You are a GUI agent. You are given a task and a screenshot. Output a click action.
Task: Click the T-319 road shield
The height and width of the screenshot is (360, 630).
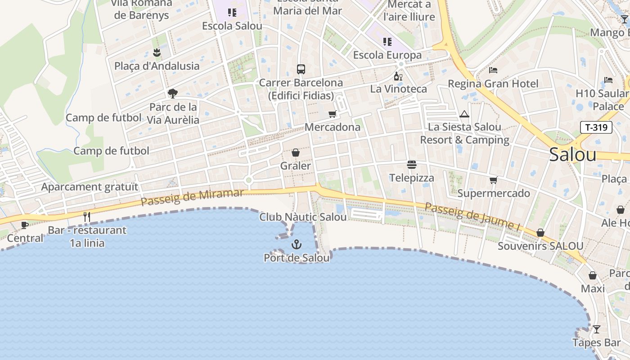pos(596,127)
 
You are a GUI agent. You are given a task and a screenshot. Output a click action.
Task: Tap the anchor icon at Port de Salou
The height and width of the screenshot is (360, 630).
pos(296,244)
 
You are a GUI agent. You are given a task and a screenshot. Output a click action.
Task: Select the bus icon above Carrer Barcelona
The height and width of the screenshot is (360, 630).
pos(301,69)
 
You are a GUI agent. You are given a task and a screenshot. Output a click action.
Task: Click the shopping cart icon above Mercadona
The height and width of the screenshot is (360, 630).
pos(333,114)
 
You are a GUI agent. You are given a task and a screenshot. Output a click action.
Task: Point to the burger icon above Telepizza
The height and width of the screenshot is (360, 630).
pos(411,165)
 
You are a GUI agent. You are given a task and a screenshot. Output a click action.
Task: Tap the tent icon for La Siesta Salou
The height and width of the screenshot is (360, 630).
pos(464,114)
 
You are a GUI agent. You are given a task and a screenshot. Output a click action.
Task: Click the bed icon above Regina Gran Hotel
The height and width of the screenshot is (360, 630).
pos(493,70)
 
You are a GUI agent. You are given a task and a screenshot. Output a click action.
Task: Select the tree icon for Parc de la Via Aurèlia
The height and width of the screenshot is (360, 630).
pos(172,94)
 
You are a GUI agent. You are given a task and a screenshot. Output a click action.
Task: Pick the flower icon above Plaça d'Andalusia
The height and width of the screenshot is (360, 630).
pos(157,53)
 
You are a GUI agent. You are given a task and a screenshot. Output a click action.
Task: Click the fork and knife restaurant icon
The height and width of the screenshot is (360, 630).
pos(87,217)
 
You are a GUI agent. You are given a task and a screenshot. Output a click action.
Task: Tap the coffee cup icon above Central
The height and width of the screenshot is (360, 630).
pos(25,225)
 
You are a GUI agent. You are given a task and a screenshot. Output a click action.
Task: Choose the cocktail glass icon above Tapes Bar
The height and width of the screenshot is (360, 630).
pos(596,329)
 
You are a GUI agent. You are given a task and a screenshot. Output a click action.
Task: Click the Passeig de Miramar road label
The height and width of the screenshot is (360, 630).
pos(192,197)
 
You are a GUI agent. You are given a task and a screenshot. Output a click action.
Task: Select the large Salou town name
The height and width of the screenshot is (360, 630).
pos(573,154)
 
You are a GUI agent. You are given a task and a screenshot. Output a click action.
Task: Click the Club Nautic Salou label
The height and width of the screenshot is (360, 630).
pos(303,217)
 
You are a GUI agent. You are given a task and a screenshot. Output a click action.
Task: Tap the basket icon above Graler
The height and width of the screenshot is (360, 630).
pos(296,153)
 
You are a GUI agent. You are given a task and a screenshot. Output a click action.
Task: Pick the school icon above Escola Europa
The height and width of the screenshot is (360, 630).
pos(387,42)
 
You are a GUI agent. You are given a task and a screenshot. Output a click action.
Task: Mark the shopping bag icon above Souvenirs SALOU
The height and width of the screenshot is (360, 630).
pos(540,233)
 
